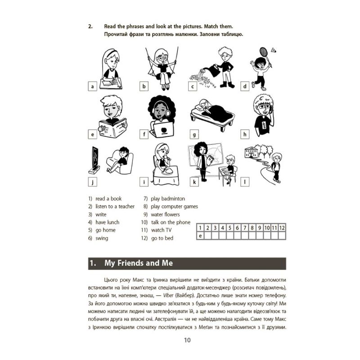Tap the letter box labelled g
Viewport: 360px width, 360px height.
194,134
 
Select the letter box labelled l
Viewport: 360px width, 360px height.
246,182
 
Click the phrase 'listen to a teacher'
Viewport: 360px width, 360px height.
115,206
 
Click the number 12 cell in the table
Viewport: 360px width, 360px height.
282,228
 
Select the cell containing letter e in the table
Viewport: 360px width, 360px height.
201,235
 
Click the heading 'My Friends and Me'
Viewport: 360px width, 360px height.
138,263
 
